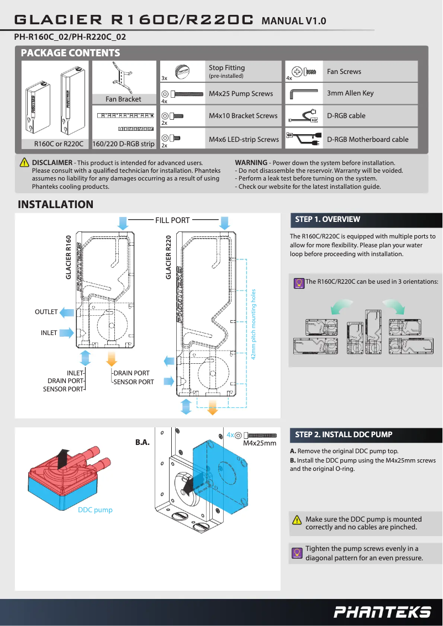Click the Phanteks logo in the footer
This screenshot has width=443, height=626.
tap(382, 612)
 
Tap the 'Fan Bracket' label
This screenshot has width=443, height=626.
tap(123, 99)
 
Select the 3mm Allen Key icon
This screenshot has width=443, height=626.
tap(303, 93)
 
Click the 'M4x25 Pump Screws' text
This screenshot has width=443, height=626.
tap(241, 94)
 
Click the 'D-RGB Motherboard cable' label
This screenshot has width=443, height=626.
tap(367, 140)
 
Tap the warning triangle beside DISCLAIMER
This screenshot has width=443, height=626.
tap(24, 163)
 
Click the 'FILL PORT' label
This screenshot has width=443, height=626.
tap(172, 220)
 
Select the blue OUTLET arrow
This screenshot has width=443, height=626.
tap(67, 312)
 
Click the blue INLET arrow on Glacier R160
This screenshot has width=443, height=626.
tap(67, 333)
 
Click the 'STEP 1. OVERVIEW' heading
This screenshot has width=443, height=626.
tap(328, 220)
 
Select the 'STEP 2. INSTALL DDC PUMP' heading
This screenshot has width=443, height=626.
tap(344, 434)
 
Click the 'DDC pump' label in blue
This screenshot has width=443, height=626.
tap(95, 510)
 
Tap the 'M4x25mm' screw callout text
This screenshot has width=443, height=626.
tap(260, 443)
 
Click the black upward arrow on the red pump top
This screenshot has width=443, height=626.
tap(64, 458)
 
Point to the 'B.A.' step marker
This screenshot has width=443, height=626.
tap(143, 443)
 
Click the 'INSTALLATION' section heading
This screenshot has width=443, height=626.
tap(56, 205)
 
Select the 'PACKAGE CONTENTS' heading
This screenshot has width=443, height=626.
tap(70, 53)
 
